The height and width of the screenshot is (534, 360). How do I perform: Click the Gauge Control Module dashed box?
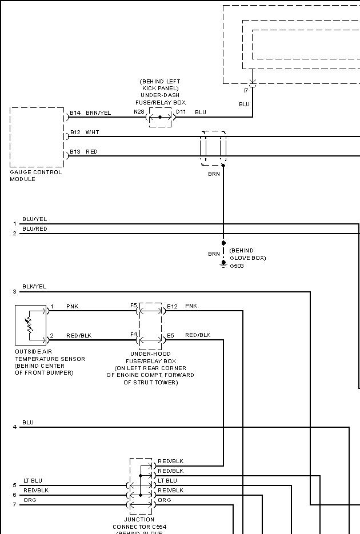pos(37,137)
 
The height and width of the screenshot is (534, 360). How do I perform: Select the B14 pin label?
pos(75,113)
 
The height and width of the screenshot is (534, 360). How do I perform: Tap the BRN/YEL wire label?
pos(98,113)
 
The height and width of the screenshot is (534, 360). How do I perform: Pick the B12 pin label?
pos(75,133)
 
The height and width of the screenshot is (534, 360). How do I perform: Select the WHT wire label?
pos(92,133)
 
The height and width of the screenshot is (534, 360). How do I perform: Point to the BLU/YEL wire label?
pos(34,219)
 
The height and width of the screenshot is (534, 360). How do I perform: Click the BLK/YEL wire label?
pos(34,287)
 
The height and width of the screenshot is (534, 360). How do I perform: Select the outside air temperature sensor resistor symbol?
pos(30,326)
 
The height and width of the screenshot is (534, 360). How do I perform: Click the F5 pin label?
pos(134,306)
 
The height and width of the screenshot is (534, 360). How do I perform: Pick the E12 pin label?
pos(172,307)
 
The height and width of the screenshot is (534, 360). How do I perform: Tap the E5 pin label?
pos(170,335)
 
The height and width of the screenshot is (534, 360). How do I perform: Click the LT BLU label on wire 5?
pos(32,481)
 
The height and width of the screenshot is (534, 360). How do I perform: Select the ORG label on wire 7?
pos(30,500)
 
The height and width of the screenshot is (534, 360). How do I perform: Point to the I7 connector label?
pos(246,91)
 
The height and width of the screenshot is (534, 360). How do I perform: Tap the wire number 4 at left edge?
pos(15,427)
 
